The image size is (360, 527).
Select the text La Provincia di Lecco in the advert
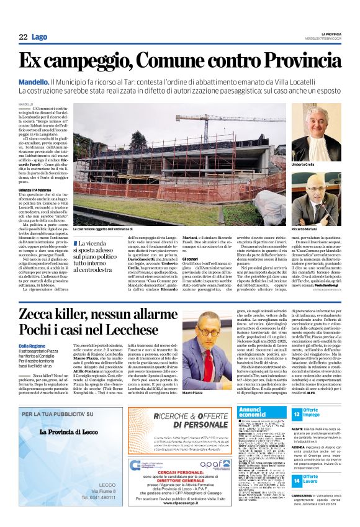coord(71,432)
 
